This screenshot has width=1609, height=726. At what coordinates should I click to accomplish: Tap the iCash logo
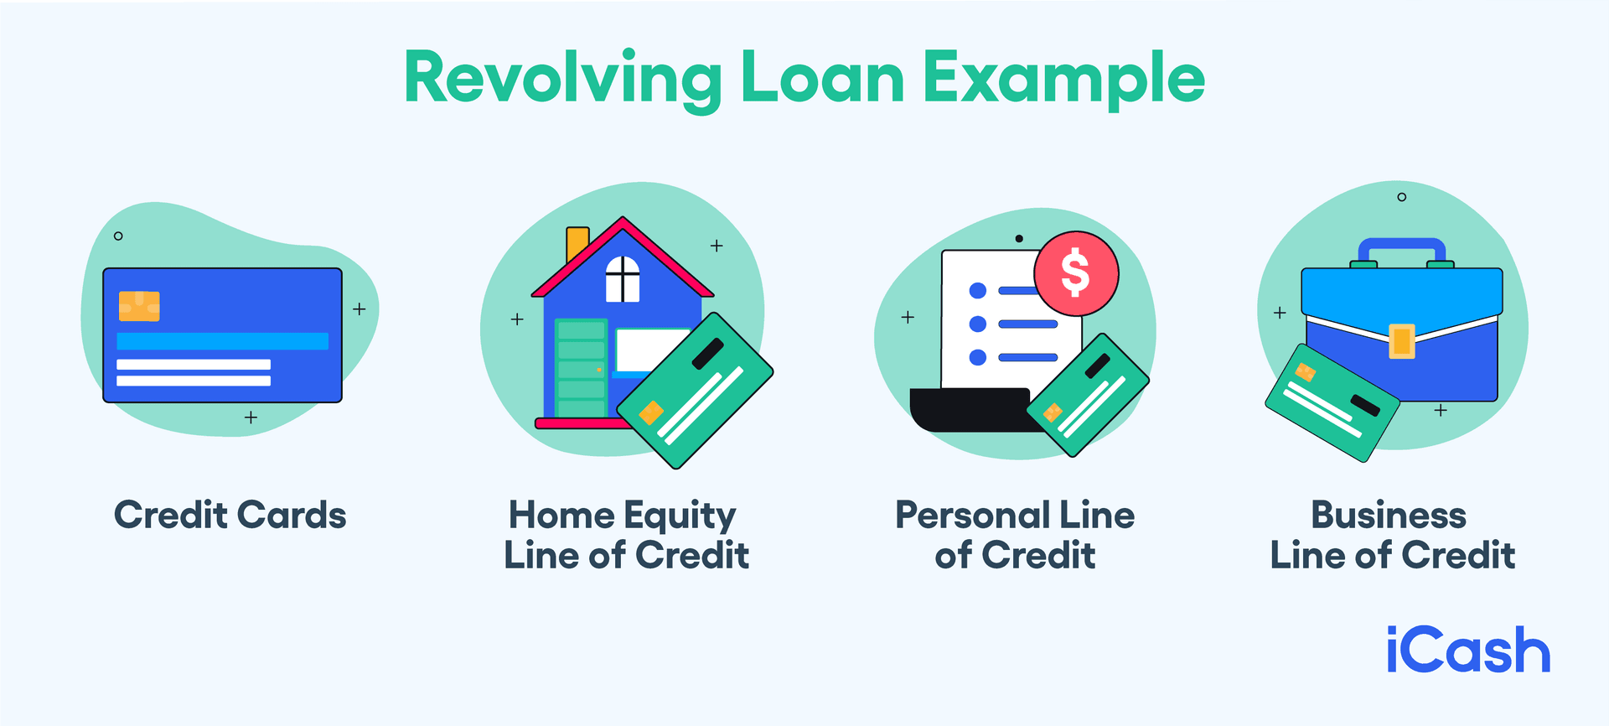pos(1468,651)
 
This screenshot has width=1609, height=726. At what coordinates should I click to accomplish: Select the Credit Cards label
pos(230,515)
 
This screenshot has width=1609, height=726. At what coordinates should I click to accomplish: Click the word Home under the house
pos(561,515)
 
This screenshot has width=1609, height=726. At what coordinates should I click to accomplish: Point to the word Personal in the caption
pos(972,515)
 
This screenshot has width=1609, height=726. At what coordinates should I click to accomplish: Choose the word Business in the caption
pos(1389,515)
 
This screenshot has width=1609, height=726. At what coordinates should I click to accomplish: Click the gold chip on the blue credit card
pos(139,306)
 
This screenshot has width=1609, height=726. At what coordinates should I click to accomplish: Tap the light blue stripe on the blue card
pos(222,341)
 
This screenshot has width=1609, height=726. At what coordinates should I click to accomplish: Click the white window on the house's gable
pos(623,279)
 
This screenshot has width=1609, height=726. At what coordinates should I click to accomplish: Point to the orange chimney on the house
pos(577,242)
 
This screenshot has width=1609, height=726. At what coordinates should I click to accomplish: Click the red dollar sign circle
pos(1076,273)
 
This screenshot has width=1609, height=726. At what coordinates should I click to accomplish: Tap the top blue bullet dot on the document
pos(977,291)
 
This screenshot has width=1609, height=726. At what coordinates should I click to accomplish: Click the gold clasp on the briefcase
pos(1402,340)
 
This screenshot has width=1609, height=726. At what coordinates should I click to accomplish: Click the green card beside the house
pos(695,391)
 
